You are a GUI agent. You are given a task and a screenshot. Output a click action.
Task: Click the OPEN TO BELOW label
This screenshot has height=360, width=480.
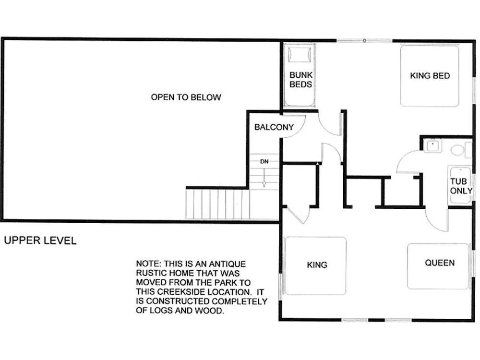click(x=186, y=97)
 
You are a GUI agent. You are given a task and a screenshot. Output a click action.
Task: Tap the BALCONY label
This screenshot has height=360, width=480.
click(x=274, y=127)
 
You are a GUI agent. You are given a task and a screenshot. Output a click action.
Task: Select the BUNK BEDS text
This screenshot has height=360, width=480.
click(x=301, y=80)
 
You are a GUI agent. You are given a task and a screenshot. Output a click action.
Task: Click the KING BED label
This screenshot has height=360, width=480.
click(x=430, y=76)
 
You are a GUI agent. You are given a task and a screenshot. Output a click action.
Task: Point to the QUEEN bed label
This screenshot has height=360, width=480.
click(x=440, y=263)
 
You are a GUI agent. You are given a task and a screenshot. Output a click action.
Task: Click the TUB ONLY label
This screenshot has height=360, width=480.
click(x=461, y=186)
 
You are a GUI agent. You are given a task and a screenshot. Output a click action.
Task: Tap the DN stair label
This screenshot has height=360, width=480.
click(x=264, y=161)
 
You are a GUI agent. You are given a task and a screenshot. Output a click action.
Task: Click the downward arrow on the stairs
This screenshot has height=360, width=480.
click(x=264, y=178)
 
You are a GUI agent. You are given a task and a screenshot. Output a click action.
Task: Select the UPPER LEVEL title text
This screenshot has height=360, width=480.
click(x=40, y=240)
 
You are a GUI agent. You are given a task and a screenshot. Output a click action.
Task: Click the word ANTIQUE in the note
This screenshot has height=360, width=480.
click(x=227, y=264)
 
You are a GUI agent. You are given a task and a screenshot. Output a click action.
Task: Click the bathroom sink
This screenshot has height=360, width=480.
click(x=432, y=146)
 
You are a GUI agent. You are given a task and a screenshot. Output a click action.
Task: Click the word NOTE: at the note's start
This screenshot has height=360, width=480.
click(x=148, y=264)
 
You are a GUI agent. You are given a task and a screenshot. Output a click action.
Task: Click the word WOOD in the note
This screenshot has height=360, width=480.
click(x=209, y=311)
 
